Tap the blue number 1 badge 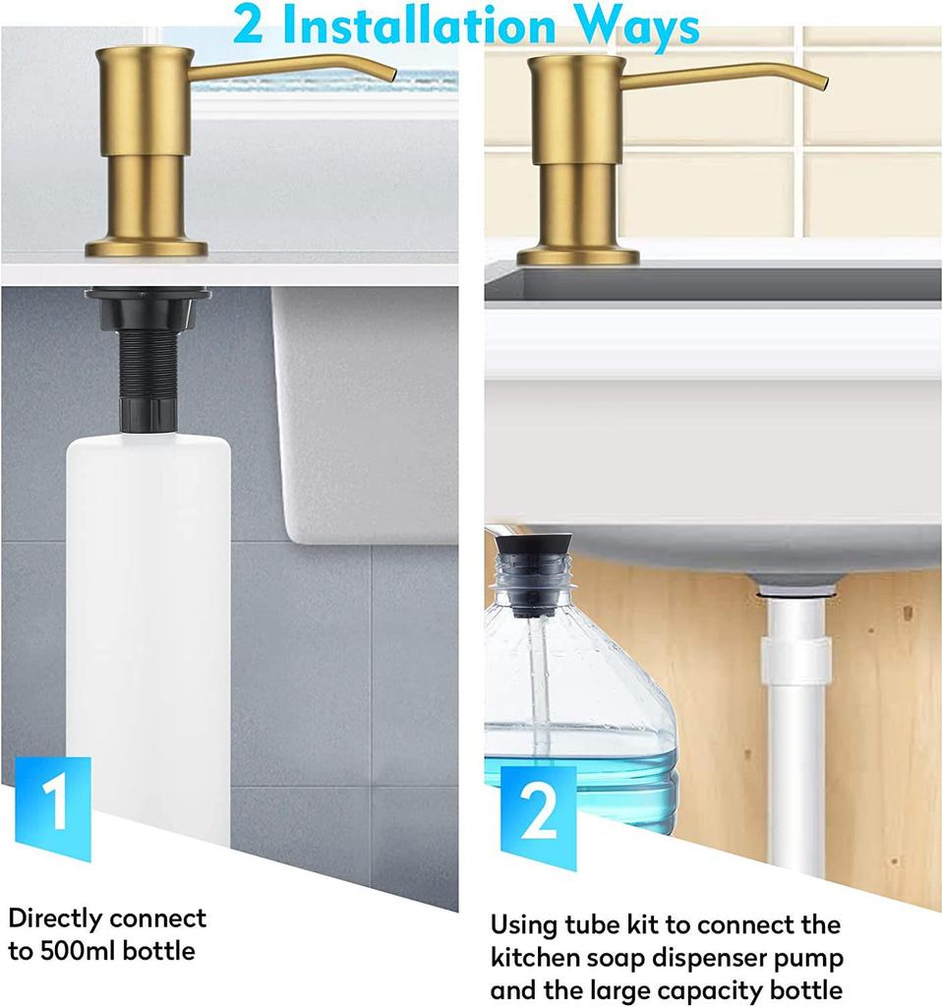click(x=54, y=804)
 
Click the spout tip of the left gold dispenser click(x=392, y=76)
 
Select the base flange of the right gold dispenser click(x=578, y=257)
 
